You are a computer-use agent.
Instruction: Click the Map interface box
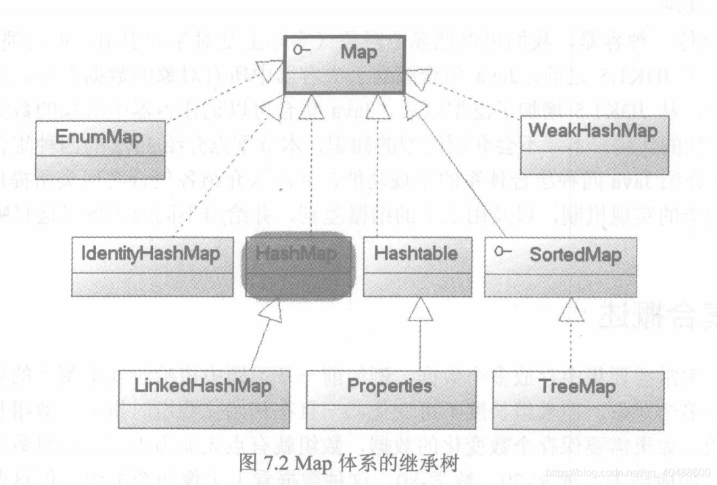(344, 64)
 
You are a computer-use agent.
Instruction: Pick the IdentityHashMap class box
(150, 266)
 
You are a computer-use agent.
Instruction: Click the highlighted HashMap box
(298, 265)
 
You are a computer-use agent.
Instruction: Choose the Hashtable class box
(415, 266)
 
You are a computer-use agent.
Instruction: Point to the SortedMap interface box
(561, 266)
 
